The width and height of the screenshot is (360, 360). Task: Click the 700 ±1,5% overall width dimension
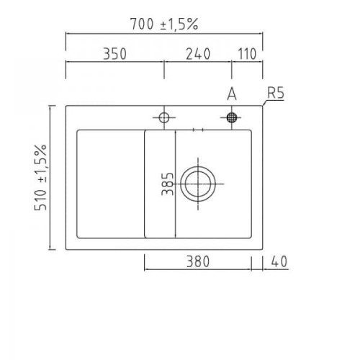pyautogui.click(x=164, y=24)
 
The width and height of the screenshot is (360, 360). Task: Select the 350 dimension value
pyautogui.click(x=114, y=54)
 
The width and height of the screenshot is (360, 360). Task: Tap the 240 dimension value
pyautogui.click(x=198, y=54)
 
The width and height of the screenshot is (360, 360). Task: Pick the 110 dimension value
pyautogui.click(x=247, y=54)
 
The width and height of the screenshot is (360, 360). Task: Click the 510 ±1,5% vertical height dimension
pyautogui.click(x=40, y=178)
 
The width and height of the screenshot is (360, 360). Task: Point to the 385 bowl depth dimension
pyautogui.click(x=168, y=184)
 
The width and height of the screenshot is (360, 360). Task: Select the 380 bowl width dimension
pyautogui.click(x=198, y=261)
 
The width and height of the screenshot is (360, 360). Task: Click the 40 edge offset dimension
pyautogui.click(x=279, y=261)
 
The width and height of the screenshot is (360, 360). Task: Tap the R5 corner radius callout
pyautogui.click(x=276, y=93)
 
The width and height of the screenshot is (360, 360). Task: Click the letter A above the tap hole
pyautogui.click(x=232, y=94)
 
